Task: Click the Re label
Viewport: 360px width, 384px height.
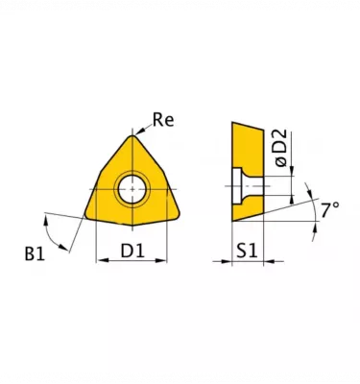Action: tap(163, 120)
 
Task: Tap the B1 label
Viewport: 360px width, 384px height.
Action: tap(35, 254)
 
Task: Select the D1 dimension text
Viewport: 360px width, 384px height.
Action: tap(132, 251)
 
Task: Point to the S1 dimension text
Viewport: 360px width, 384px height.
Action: tap(247, 251)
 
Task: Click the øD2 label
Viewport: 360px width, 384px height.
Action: tap(281, 148)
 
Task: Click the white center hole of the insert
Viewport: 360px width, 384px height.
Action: tap(132, 189)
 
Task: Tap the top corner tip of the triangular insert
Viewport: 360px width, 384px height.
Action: tap(132, 135)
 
